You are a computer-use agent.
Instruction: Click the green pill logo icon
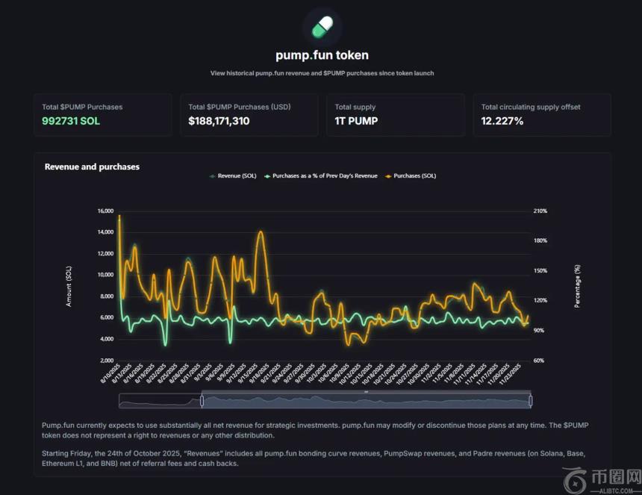click(322, 28)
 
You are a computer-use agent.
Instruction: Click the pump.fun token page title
click(322, 55)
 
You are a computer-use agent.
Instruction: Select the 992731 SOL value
click(70, 121)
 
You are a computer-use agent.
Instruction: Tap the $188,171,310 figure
click(219, 121)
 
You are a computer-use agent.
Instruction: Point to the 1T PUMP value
click(356, 121)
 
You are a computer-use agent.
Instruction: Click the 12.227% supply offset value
click(502, 121)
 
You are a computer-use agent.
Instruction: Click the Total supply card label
click(355, 107)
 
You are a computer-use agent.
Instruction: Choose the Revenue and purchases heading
click(92, 166)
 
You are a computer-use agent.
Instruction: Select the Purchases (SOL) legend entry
click(411, 176)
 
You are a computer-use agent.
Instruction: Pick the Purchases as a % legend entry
click(322, 176)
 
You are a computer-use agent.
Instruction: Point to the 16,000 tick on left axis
click(105, 211)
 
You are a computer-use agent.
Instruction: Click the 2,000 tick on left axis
click(106, 361)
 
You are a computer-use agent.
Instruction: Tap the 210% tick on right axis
click(540, 211)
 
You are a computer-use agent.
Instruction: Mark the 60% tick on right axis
click(538, 361)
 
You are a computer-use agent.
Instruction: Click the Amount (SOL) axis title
click(69, 286)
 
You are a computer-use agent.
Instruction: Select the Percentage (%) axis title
click(577, 286)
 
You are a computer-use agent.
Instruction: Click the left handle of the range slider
click(202, 401)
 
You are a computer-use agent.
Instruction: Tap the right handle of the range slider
click(530, 401)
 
